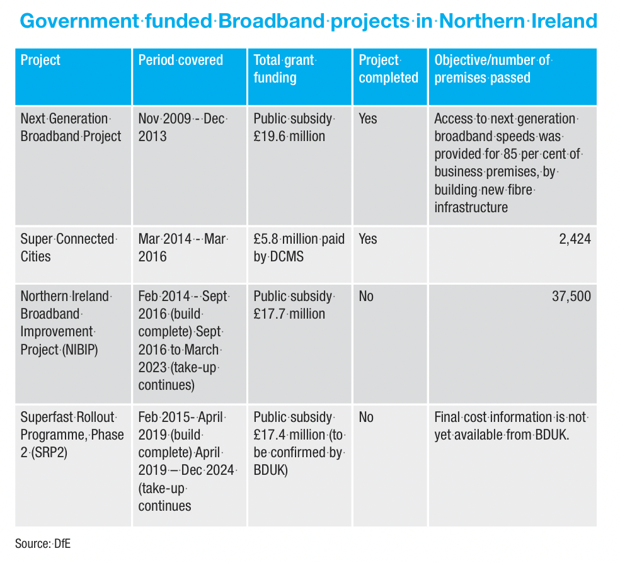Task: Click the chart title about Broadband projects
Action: click(309, 21)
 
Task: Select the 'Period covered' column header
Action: click(181, 60)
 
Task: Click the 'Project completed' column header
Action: click(388, 69)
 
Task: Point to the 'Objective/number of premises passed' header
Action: click(493, 69)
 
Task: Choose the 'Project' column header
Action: click(41, 60)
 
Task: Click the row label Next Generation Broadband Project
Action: click(71, 127)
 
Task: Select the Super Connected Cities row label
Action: click(68, 248)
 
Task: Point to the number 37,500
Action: click(570, 296)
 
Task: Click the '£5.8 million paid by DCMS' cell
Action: click(299, 248)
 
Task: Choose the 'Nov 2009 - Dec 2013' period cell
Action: click(183, 127)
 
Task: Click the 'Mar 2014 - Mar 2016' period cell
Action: click(183, 248)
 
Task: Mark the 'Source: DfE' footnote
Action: click(43, 543)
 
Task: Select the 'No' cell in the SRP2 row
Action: click(366, 417)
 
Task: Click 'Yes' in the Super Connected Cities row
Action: click(368, 239)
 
